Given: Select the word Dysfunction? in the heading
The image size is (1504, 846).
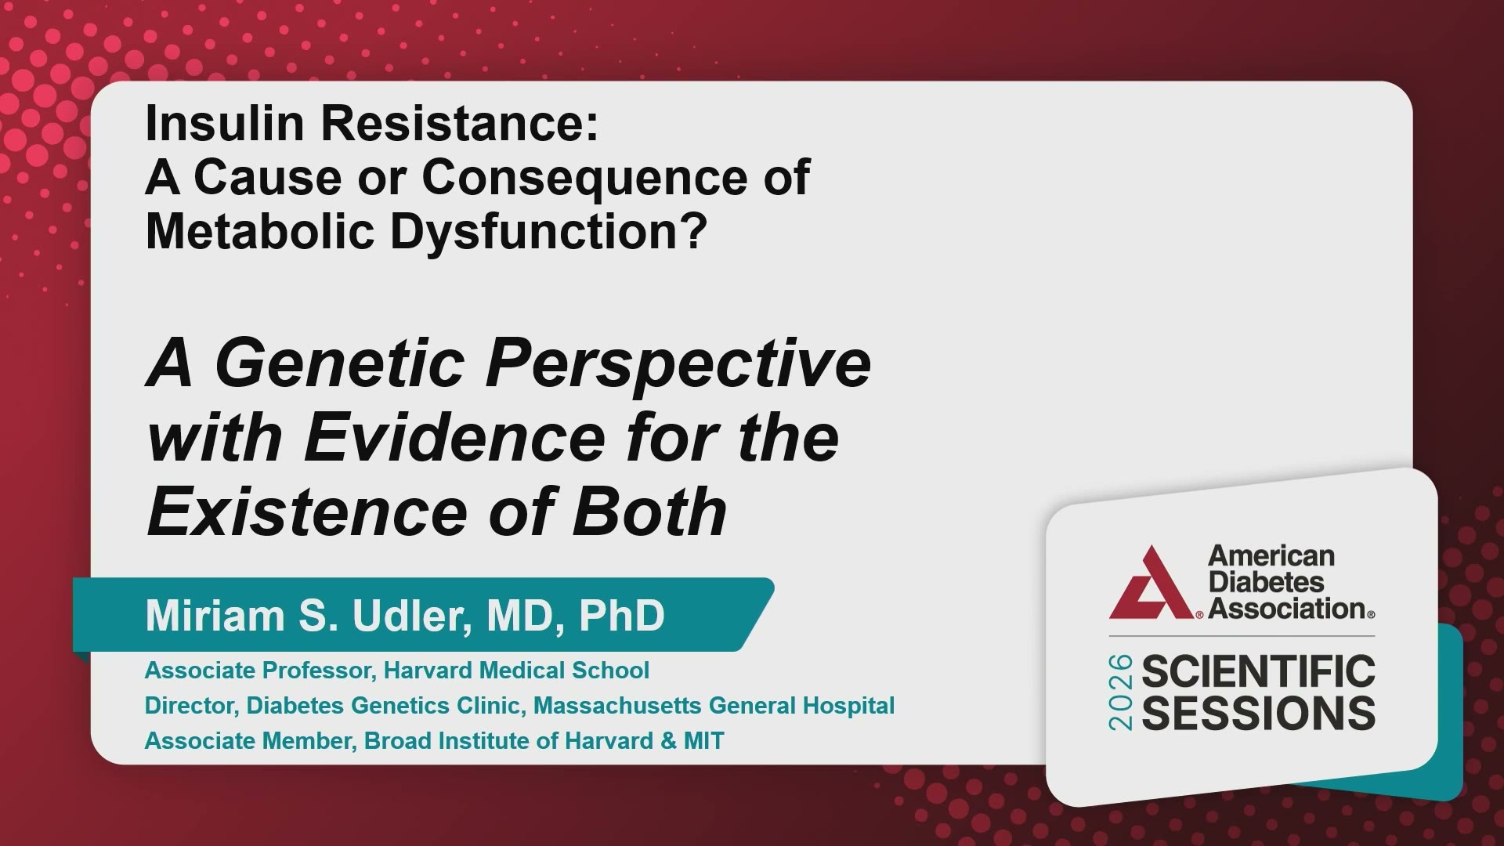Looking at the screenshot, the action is click(548, 231).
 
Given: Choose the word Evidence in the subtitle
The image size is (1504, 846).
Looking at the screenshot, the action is click(455, 437).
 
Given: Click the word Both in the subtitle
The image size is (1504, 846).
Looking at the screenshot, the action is click(650, 512).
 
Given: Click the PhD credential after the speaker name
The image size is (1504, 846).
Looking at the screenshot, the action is click(622, 616).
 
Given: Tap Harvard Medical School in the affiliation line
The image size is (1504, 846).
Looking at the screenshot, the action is click(516, 671).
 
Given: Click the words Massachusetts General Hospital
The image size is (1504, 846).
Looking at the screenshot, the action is click(714, 706).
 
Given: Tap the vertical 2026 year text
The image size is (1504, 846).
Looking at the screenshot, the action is click(1121, 692).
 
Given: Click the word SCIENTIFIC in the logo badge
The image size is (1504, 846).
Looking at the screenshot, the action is click(1259, 672).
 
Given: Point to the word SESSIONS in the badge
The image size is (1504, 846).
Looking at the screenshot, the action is click(1259, 713).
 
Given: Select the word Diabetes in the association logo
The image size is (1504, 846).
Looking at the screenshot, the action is click(1266, 582).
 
